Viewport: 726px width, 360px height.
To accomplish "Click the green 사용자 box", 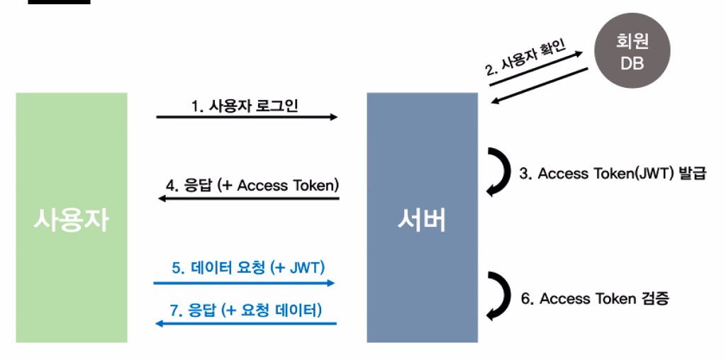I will coord(72,218).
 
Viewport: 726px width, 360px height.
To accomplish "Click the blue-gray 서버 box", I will coord(422,218).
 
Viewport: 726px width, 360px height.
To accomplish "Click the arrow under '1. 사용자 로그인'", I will coord(247,117).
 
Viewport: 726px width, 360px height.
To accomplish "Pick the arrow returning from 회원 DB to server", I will coord(540,86).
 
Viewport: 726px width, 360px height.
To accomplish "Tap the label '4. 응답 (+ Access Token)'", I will coord(252,186).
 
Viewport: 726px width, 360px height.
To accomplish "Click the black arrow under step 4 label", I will coord(248,198).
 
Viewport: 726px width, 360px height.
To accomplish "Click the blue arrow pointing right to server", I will coord(244,283).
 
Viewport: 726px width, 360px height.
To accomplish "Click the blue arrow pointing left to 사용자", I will coord(245,323).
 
